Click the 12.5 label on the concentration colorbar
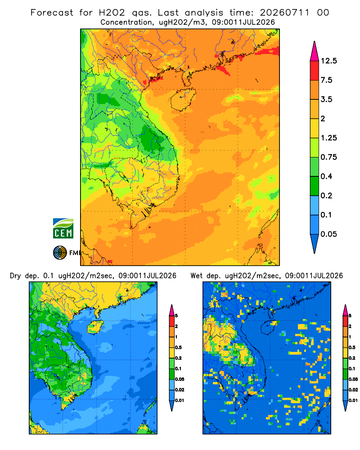click(328, 61)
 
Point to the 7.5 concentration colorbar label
click(326, 80)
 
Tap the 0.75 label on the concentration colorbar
click(328, 157)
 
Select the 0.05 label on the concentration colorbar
click(328, 234)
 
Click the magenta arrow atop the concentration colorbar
click(315, 51)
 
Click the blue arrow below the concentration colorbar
click(315, 243)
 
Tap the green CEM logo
click(63, 229)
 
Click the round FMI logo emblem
click(60, 253)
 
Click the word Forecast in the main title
click(52, 13)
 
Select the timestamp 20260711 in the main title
click(285, 13)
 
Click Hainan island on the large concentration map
click(183, 99)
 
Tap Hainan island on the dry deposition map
click(95, 327)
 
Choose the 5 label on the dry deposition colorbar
click(176, 316)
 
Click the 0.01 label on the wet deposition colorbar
click(353, 400)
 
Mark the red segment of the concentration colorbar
click(315, 71)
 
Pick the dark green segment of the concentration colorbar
click(315, 186)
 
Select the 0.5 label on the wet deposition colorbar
click(352, 347)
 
